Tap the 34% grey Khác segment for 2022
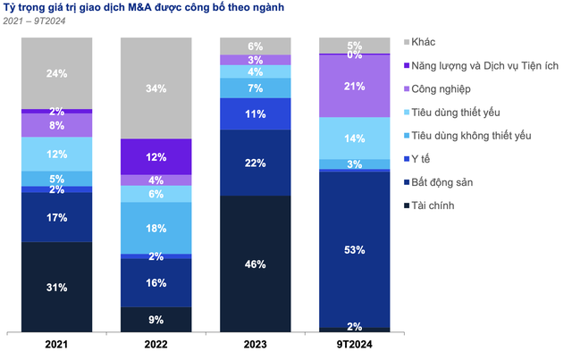(156, 88)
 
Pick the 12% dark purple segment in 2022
(156, 157)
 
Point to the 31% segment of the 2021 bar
(57, 286)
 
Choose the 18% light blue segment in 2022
(156, 228)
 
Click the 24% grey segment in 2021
(57, 73)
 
